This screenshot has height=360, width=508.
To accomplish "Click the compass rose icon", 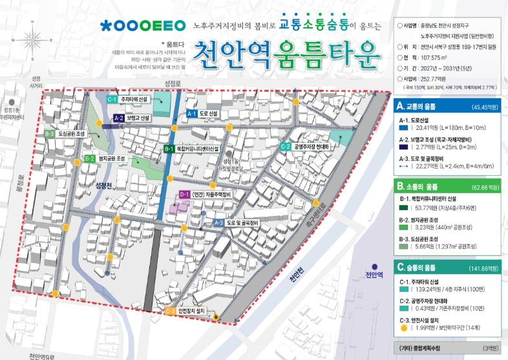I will (34, 38).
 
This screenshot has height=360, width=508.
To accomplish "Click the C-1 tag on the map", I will (111, 100).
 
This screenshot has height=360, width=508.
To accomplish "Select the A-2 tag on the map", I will (118, 118).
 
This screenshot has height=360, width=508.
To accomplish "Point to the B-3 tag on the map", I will (50, 133).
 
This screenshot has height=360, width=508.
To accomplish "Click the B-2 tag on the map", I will (90, 158).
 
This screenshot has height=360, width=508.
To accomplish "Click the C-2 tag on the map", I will (285, 147).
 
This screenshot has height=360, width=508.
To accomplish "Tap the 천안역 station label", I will (374, 275).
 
